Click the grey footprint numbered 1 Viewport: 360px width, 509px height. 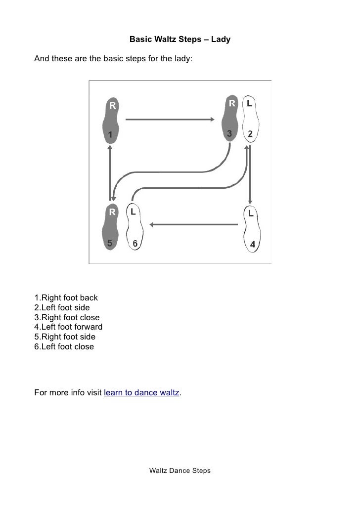(110, 121)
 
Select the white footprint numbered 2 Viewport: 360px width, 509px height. (251, 119)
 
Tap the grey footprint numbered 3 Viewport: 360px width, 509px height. (230, 119)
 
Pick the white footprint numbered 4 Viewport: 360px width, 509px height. (252, 229)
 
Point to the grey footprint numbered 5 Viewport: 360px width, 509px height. (110, 227)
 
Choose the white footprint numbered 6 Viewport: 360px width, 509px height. (135, 227)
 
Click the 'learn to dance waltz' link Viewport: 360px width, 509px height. (141, 392)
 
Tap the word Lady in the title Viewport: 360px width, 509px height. (221, 39)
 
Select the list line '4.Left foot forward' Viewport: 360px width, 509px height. (68, 327)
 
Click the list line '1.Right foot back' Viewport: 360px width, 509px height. (66, 297)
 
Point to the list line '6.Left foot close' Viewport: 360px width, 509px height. (64, 346)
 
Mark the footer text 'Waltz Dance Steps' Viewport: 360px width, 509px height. (180, 470)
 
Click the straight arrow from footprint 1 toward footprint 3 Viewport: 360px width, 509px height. (170, 120)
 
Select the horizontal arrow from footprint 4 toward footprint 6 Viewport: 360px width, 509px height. (194, 224)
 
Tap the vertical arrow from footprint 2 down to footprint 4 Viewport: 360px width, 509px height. (250, 174)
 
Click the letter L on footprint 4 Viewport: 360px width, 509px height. (251, 213)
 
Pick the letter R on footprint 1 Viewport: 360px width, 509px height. (112, 105)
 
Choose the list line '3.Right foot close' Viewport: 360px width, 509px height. (67, 317)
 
